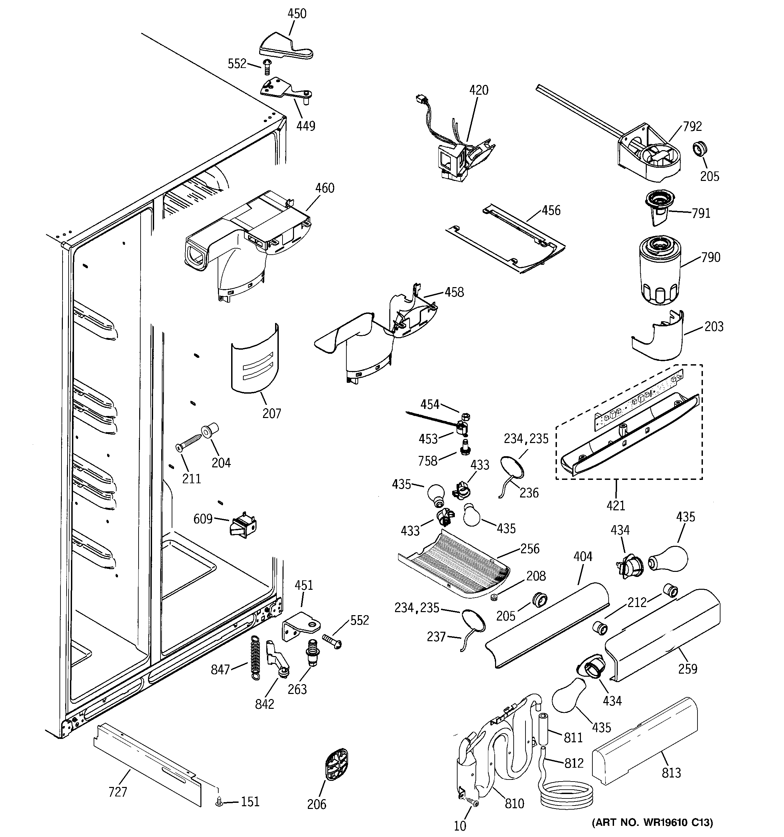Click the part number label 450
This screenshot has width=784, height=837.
(x=297, y=14)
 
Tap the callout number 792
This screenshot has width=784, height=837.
(x=692, y=126)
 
